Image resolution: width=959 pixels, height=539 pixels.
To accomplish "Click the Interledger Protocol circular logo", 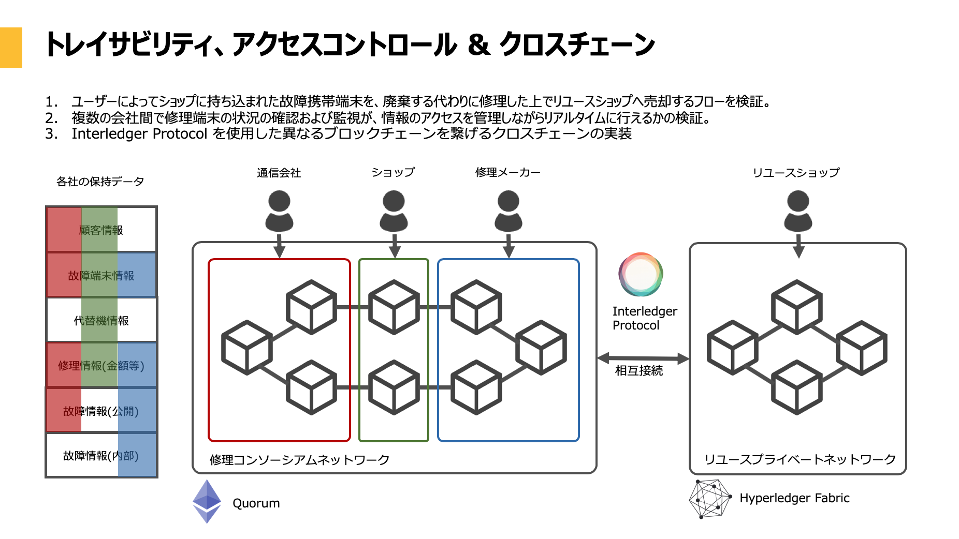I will (x=641, y=274).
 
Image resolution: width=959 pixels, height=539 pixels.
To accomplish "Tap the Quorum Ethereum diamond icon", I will (x=207, y=501).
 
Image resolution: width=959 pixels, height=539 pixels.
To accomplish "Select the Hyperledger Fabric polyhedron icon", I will (x=709, y=499).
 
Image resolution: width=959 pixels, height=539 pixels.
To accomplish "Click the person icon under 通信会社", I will (x=279, y=211).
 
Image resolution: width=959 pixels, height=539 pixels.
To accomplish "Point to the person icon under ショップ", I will (x=394, y=211).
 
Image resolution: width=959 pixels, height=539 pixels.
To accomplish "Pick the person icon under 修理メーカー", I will (x=508, y=211).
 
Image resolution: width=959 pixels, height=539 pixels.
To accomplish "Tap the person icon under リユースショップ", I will (x=798, y=211).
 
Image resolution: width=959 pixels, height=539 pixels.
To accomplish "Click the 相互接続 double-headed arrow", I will (x=643, y=358).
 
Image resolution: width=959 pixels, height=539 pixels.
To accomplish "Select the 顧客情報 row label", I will (x=101, y=230).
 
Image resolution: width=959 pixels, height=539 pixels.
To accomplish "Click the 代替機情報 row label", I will (x=101, y=321).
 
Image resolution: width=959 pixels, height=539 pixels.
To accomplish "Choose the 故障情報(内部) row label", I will (x=101, y=456).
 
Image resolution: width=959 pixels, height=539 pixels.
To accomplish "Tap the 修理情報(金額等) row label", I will (x=101, y=366).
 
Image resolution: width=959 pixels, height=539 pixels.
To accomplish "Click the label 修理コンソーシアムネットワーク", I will (x=299, y=460).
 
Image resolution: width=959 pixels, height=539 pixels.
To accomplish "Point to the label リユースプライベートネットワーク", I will (x=800, y=459).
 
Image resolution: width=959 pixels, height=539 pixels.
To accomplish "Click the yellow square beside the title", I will (x=11, y=48).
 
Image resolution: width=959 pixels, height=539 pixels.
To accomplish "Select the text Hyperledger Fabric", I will (x=794, y=498).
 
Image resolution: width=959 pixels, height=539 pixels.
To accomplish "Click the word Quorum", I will (x=256, y=503).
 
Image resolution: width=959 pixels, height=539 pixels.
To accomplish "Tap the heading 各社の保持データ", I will (x=100, y=182).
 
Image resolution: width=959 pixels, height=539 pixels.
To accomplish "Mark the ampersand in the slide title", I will (x=478, y=44).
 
